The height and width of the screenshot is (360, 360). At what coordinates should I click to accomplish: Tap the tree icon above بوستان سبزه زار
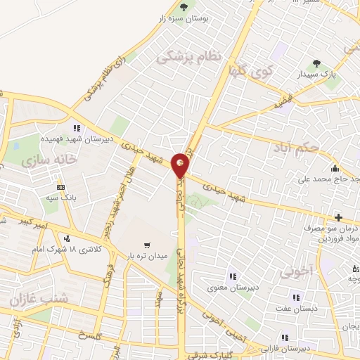[x=184, y=7]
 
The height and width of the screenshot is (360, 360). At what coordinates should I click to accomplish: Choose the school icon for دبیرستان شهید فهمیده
[x=76, y=129]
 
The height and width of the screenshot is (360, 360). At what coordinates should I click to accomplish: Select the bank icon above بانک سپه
[x=61, y=187]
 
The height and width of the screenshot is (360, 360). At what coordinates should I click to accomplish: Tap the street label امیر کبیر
[x=33, y=225]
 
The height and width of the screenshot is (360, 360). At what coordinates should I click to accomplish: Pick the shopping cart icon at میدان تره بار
[x=146, y=245]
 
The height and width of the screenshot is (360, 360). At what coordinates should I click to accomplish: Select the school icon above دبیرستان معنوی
[x=231, y=275]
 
